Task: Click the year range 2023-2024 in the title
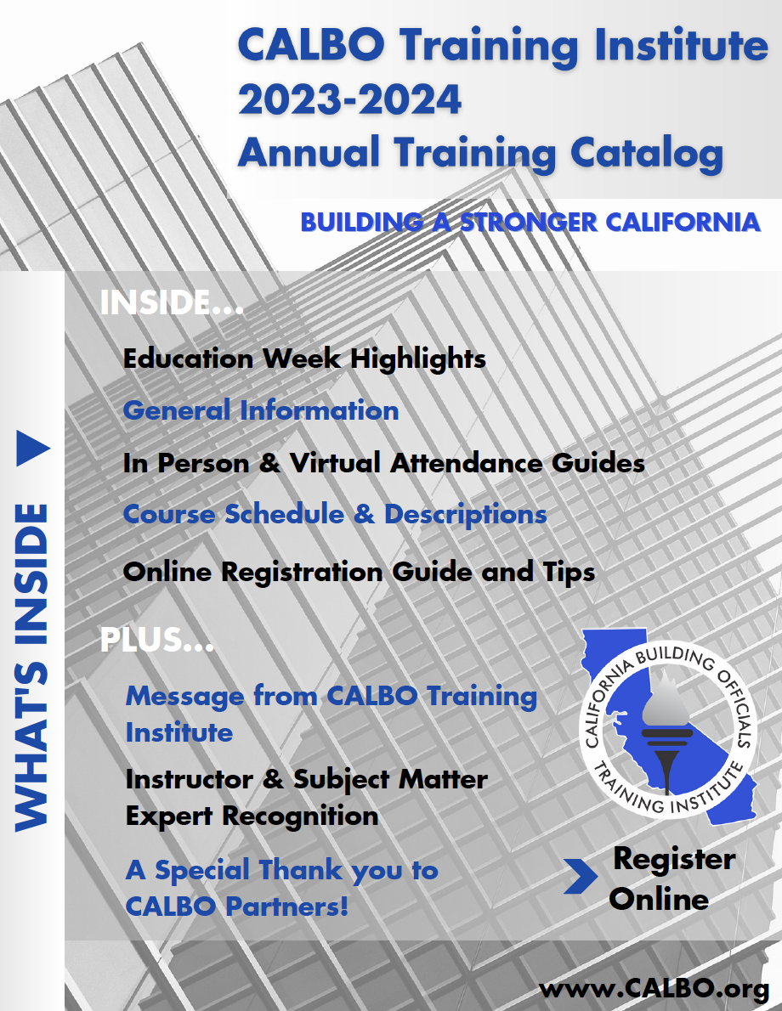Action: point(349,99)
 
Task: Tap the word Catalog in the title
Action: point(647,155)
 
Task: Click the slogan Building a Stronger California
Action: point(530,223)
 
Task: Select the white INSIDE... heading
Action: point(172,302)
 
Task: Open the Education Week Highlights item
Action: point(304,359)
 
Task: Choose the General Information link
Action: point(261,410)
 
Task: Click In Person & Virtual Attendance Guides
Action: point(384,463)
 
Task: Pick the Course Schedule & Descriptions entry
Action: point(335,515)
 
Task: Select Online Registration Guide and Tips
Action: point(359,573)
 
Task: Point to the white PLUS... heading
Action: point(156,641)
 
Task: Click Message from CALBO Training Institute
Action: point(331,714)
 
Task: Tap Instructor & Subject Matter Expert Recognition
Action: point(307,798)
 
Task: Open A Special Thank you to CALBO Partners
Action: point(282,888)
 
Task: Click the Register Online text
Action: point(672,879)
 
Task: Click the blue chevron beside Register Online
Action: point(581,876)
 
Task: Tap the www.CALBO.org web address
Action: point(654,989)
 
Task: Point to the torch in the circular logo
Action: point(666,731)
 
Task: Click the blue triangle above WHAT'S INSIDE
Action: point(32,448)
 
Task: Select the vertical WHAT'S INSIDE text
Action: point(31,667)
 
